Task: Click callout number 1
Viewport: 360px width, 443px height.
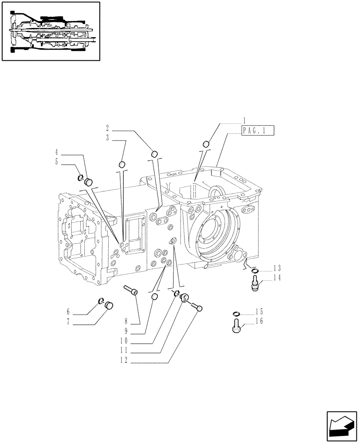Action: (x=244, y=120)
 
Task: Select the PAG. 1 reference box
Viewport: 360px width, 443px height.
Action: (x=258, y=130)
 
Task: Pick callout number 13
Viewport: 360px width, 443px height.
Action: (x=278, y=268)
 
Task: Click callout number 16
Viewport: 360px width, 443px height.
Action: (x=259, y=321)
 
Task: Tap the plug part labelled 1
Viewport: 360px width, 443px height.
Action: (x=206, y=144)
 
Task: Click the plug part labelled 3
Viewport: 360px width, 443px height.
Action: (x=122, y=165)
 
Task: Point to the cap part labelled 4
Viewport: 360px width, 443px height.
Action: (x=88, y=181)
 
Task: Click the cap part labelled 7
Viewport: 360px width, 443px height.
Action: (x=109, y=305)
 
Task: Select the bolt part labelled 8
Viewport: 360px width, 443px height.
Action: (x=132, y=290)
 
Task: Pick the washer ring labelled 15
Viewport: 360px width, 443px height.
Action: (x=236, y=315)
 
